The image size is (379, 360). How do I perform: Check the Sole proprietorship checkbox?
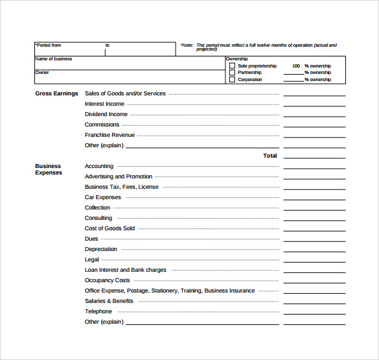tap(232, 66)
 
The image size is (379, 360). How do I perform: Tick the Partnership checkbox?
tap(232, 73)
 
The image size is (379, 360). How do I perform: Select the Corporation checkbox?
tap(232, 80)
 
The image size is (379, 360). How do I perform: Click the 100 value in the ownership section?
tap(296, 66)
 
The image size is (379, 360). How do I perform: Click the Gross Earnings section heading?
tap(56, 93)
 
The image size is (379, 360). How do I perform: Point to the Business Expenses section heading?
tap(49, 169)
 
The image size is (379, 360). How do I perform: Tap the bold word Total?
tap(270, 156)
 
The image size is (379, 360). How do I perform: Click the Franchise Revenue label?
tap(109, 135)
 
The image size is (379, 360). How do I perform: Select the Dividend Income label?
tap(106, 114)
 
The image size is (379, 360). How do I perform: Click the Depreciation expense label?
tap(101, 249)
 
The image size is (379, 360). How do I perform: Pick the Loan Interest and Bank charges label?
tap(126, 270)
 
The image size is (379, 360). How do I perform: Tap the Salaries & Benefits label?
tap(109, 301)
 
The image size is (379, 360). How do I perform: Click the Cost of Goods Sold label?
tap(109, 228)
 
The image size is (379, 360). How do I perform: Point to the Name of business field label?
tap(54, 59)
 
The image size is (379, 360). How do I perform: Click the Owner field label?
tap(42, 73)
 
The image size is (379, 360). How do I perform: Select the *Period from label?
tap(49, 45)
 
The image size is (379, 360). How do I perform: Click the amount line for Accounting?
tap(314, 167)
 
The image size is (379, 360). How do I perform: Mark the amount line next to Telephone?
tap(314, 313)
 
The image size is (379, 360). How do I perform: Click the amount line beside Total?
tap(314, 157)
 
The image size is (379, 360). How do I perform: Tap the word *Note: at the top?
tap(187, 45)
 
